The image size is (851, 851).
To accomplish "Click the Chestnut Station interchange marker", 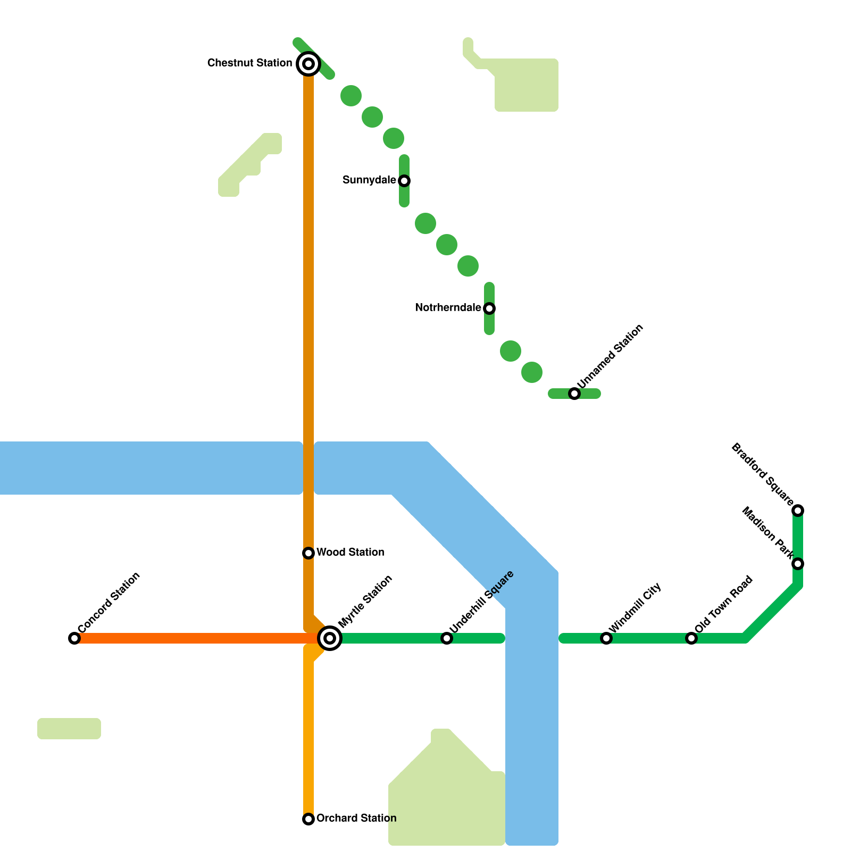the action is click(x=308, y=64).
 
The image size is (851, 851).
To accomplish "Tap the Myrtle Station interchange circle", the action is click(x=330, y=638).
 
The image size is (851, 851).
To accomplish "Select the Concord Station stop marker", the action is click(x=74, y=638).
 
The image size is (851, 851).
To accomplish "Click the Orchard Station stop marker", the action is click(x=308, y=819).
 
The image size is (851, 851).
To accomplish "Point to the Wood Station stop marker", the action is click(x=308, y=553).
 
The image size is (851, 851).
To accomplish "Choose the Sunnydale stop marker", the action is click(x=404, y=181).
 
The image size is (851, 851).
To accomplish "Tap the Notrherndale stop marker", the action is click(x=489, y=308).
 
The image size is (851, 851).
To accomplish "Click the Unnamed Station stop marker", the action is click(x=574, y=394).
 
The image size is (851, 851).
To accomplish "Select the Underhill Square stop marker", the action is click(x=447, y=638).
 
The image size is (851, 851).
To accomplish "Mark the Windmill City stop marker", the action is click(x=606, y=638).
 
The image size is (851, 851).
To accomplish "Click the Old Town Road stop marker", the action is click(x=691, y=638).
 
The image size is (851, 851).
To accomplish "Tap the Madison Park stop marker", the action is click(x=798, y=564).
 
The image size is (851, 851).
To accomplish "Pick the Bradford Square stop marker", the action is click(x=798, y=511).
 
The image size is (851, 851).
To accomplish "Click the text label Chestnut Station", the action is click(x=249, y=63).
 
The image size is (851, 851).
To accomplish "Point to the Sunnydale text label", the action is click(x=369, y=180).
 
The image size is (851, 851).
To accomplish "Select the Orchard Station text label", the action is click(x=356, y=819).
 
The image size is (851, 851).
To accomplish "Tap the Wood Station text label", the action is click(x=351, y=553).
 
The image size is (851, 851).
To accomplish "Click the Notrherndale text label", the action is click(x=448, y=308).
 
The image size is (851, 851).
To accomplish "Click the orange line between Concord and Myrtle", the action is click(x=191, y=638).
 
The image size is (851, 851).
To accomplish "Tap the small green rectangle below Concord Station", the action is click(x=69, y=729).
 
